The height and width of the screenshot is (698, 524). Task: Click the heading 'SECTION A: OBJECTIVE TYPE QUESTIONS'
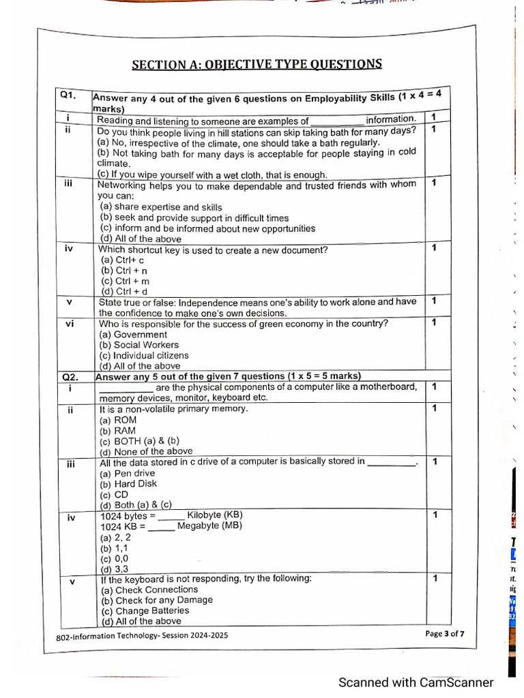[257, 65]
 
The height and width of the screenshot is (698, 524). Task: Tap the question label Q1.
[68, 95]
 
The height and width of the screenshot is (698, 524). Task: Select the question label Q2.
[70, 376]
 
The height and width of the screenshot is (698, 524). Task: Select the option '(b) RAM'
[118, 431]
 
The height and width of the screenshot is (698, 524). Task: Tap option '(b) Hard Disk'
[128, 483]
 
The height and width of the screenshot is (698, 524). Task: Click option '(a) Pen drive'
[128, 473]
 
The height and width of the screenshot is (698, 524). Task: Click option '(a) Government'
[134, 335]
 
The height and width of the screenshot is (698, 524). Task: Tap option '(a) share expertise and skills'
[161, 207]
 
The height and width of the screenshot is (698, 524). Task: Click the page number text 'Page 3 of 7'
[445, 633]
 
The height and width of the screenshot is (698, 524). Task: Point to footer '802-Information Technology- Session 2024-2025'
[142, 635]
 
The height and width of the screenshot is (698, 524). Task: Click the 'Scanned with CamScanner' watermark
[416, 682]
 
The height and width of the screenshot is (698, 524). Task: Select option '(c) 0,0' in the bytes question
[115, 558]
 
